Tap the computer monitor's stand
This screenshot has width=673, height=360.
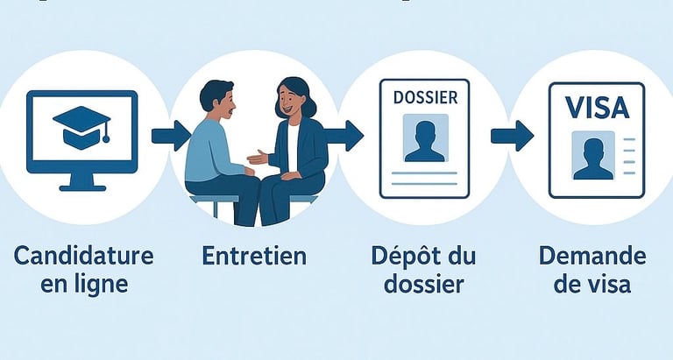[81, 182]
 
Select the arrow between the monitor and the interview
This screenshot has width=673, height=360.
[170, 135]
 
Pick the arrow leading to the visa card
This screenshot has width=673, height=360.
[513, 135]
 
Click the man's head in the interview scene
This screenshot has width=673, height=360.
[216, 101]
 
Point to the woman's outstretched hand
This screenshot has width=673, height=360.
[256, 159]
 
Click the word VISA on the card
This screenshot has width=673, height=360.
[597, 109]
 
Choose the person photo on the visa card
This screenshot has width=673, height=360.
[592, 154]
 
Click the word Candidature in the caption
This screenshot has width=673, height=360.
[84, 256]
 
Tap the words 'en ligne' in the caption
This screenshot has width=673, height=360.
[84, 285]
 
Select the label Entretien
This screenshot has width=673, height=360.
[253, 256]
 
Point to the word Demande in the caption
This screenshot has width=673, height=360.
[592, 256]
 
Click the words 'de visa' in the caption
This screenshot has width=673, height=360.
[592, 285]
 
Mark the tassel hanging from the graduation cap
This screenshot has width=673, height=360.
[105, 134]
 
